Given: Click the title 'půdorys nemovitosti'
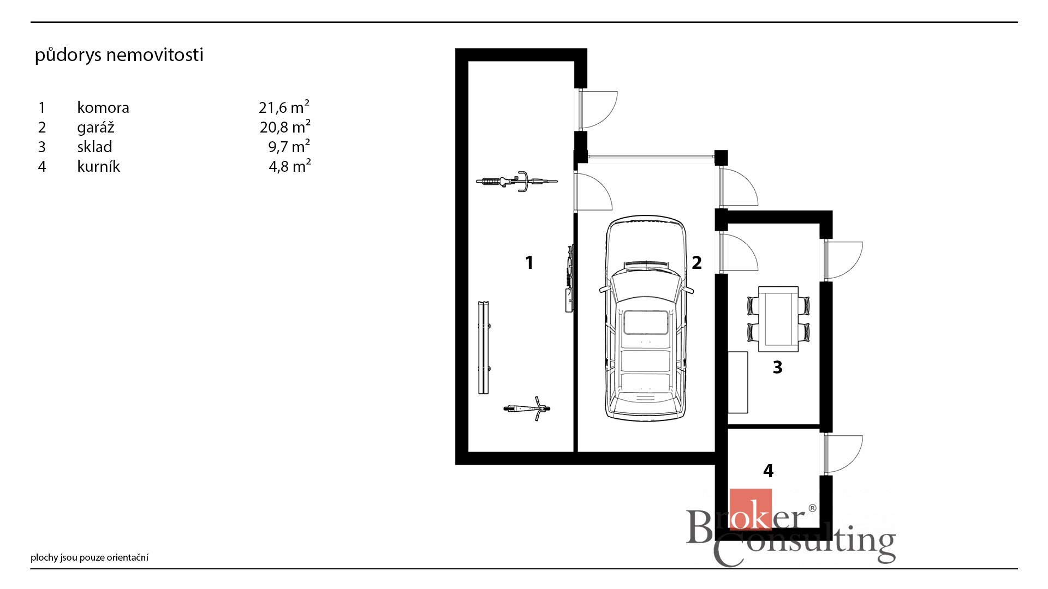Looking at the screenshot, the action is pyautogui.click(x=119, y=55).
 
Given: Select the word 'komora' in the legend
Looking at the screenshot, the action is pyautogui.click(x=103, y=107).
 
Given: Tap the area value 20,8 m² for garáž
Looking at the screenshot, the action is pyautogui.click(x=285, y=127).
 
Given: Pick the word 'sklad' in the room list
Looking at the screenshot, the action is pyautogui.click(x=94, y=147).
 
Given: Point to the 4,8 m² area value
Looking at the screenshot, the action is pyautogui.click(x=290, y=166).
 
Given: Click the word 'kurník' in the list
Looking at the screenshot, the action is pyautogui.click(x=98, y=166).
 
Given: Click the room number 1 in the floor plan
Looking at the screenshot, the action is pyautogui.click(x=529, y=263).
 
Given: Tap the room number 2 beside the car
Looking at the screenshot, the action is pyautogui.click(x=696, y=263).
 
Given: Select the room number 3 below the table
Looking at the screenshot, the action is pyautogui.click(x=778, y=368).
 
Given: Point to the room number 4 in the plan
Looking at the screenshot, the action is pyautogui.click(x=769, y=471).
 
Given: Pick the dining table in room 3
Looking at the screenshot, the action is pyautogui.click(x=778, y=319).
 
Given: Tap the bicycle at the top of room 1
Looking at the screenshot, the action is pyautogui.click(x=516, y=181).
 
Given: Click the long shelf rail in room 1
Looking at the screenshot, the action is pyautogui.click(x=484, y=347).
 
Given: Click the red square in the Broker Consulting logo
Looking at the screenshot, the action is pyautogui.click(x=751, y=509).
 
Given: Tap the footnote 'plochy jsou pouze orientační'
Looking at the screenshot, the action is pyautogui.click(x=90, y=557).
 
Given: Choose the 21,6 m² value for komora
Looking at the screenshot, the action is pyautogui.click(x=284, y=107).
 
